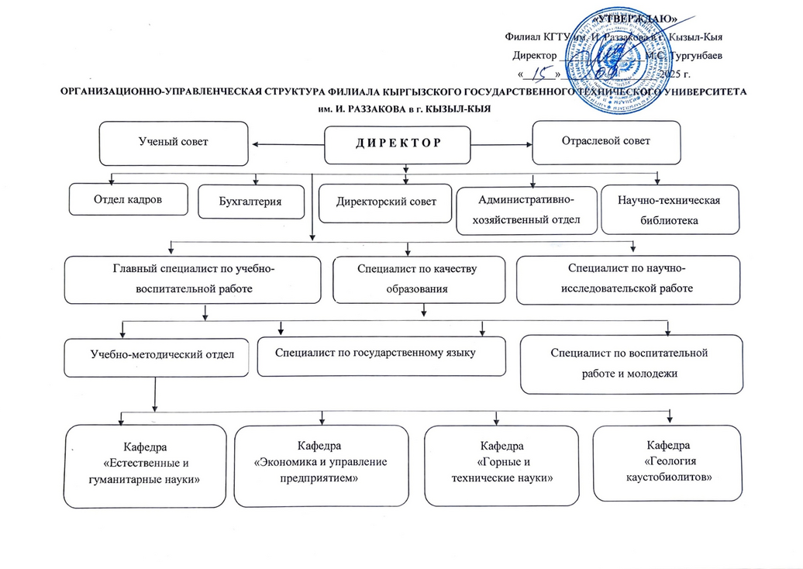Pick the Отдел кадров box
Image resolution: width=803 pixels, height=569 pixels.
[x=129, y=198]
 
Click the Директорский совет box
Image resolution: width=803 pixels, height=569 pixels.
[x=386, y=202]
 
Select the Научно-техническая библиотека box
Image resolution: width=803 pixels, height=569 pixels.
[x=669, y=210]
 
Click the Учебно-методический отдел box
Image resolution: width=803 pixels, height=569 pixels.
[x=157, y=356]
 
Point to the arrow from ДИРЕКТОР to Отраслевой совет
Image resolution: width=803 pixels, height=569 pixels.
[x=504, y=143]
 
